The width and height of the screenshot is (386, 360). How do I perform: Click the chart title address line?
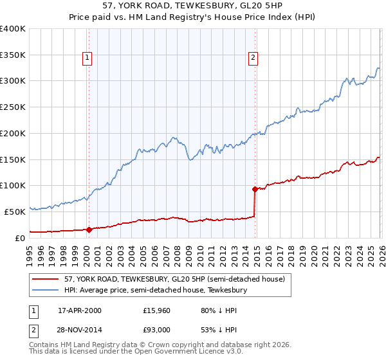pyautogui.click(x=192, y=6)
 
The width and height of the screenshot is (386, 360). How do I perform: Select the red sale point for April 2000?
pyautogui.click(x=89, y=229)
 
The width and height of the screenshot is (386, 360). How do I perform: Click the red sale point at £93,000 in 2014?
pyautogui.click(x=255, y=189)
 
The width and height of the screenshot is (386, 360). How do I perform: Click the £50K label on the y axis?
pyautogui.click(x=15, y=212)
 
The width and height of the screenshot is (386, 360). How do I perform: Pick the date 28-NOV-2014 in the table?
pyautogui.click(x=80, y=330)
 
